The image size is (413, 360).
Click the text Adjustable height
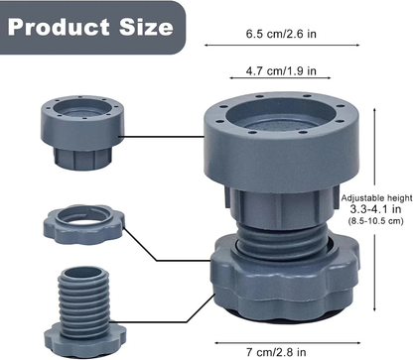376,199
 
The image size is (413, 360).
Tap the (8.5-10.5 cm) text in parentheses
376,224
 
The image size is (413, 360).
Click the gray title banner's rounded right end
177,25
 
